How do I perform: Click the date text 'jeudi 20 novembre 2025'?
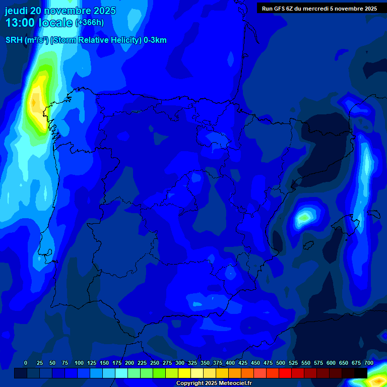coord(60,11)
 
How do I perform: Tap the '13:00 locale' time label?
coord(39,23)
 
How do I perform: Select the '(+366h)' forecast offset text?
coord(89,23)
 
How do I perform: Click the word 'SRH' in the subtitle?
coord(14,40)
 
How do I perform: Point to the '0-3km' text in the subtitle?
coord(155,40)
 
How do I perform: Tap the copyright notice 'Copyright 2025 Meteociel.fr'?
coord(214,383)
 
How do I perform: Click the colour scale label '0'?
coord(26,363)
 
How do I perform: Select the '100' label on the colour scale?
coord(79,363)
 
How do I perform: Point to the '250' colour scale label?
coord(155,363)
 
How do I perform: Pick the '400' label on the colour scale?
coord(230,363)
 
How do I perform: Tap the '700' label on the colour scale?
coord(369,363)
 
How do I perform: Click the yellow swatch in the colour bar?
coord(184,373)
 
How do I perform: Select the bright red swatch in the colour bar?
coord(285,373)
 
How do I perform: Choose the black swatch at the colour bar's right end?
coord(361,373)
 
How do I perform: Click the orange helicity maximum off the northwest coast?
coord(35,101)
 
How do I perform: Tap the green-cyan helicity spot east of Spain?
coord(304,217)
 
